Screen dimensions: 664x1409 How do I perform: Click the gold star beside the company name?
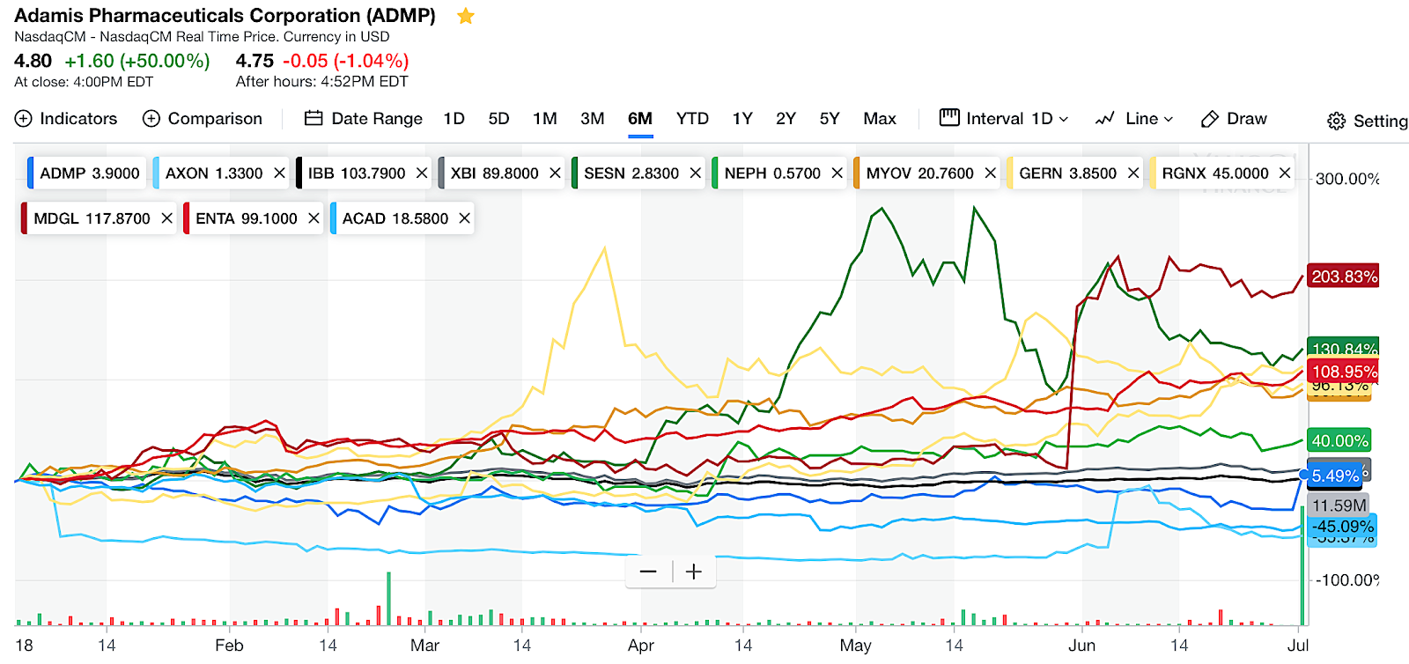click(466, 17)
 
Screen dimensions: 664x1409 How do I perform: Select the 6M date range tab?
click(640, 119)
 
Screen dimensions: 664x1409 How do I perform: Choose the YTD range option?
click(692, 119)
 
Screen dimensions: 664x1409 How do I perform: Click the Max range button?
click(879, 119)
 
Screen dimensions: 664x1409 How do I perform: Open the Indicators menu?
click(66, 119)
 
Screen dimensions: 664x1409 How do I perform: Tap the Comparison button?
click(203, 119)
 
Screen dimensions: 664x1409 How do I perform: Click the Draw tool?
click(1234, 119)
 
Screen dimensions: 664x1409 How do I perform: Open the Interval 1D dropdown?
click(1005, 119)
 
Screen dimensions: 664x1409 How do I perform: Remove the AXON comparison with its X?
click(279, 173)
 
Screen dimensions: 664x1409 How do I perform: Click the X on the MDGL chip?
click(166, 218)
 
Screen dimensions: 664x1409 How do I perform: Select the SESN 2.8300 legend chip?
click(631, 173)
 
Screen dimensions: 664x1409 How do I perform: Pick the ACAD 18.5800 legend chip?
click(395, 218)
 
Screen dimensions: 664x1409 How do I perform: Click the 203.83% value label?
click(1344, 277)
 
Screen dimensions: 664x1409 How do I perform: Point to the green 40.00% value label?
click(1339, 441)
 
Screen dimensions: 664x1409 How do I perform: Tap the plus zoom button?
click(694, 572)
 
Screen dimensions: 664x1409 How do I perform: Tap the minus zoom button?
click(648, 572)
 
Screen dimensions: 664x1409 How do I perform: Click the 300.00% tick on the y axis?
click(1347, 180)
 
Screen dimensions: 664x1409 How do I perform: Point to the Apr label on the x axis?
click(640, 646)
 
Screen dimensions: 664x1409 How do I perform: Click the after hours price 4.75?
click(255, 61)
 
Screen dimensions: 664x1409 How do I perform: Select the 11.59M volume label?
click(1339, 505)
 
